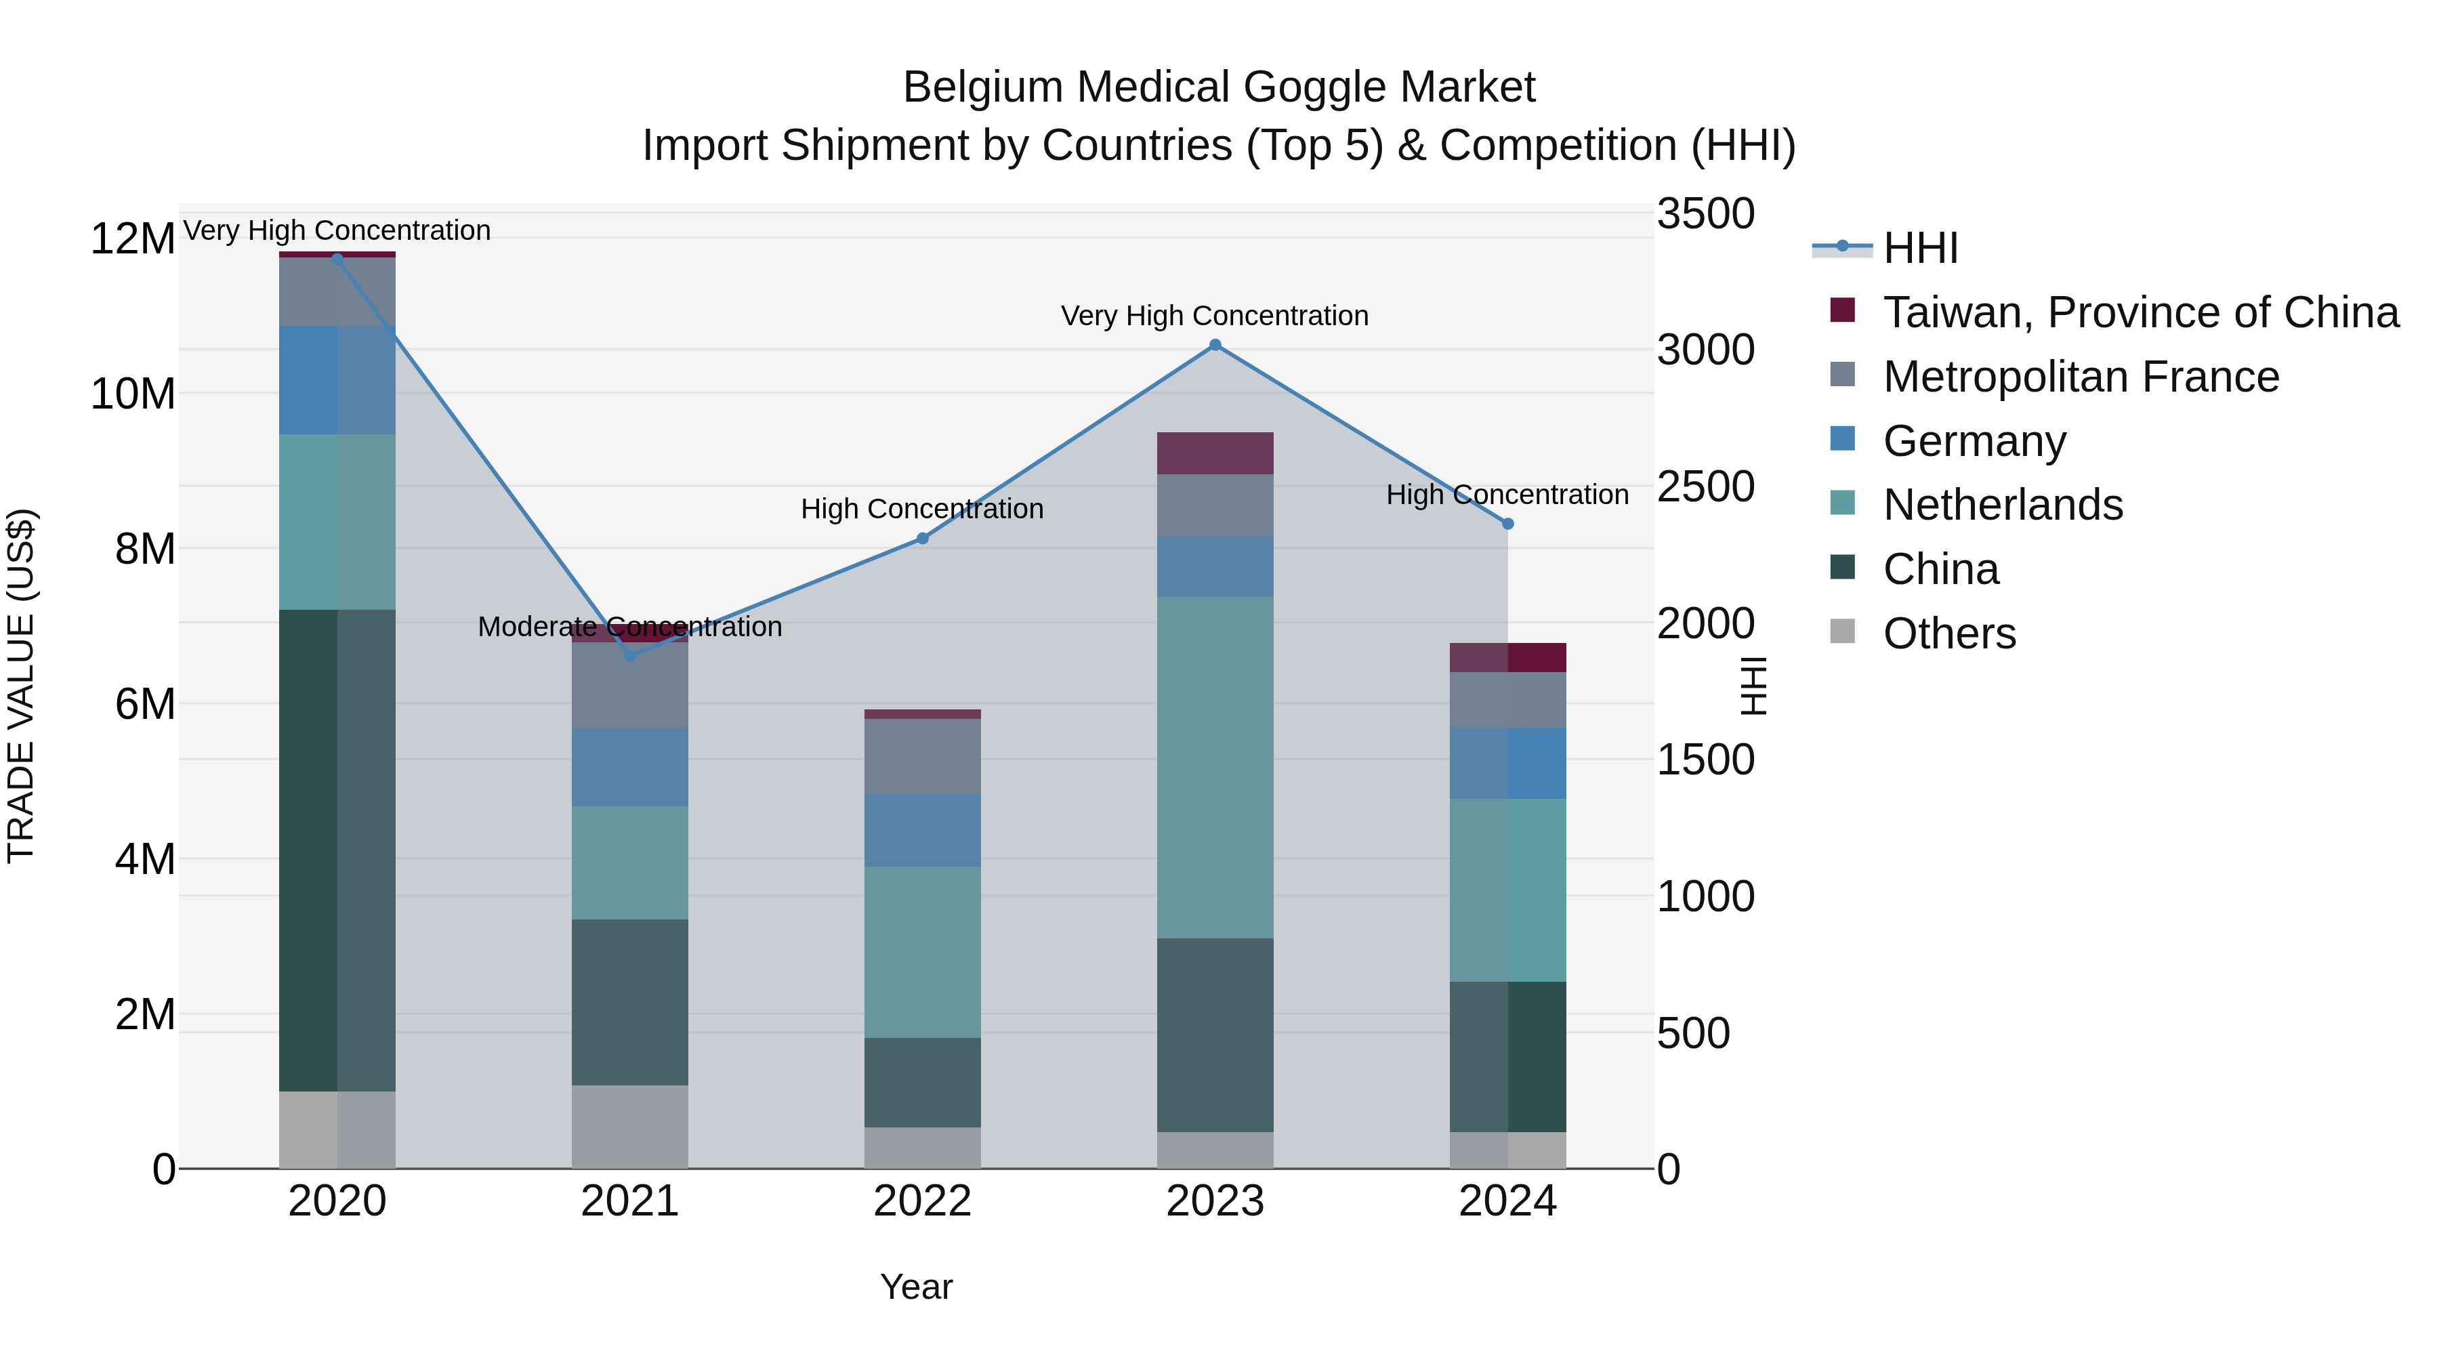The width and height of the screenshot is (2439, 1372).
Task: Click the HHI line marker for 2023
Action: pyautogui.click(x=1215, y=346)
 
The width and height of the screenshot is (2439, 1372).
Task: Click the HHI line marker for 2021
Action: pyautogui.click(x=631, y=655)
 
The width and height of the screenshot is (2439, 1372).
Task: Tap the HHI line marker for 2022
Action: pyautogui.click(x=923, y=539)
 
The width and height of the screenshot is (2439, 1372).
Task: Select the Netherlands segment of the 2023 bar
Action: pyautogui.click(x=1215, y=767)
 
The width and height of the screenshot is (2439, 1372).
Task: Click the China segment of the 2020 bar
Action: pyautogui.click(x=337, y=850)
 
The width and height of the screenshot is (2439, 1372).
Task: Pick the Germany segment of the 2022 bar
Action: pyautogui.click(x=923, y=831)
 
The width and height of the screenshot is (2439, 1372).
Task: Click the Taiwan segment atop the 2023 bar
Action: pyautogui.click(x=1215, y=453)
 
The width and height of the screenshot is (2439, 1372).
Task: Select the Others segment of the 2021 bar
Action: pyautogui.click(x=631, y=1127)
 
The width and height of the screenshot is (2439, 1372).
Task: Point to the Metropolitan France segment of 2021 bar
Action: pyautogui.click(x=631, y=686)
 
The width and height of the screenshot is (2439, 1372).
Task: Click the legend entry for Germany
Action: pyautogui.click(x=1974, y=441)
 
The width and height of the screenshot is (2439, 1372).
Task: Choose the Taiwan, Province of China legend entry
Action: pyautogui.click(x=2140, y=312)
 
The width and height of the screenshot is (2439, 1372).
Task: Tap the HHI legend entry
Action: pyautogui.click(x=1920, y=248)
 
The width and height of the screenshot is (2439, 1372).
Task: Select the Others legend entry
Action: pyautogui.click(x=1948, y=633)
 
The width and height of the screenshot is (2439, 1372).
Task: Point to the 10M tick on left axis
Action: pyautogui.click(x=133, y=394)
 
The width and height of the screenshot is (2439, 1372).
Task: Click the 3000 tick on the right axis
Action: pyautogui.click(x=1705, y=350)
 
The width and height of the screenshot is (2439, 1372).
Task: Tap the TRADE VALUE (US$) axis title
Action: pyautogui.click(x=21, y=686)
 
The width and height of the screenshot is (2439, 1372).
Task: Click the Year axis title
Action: pyautogui.click(x=915, y=1287)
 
